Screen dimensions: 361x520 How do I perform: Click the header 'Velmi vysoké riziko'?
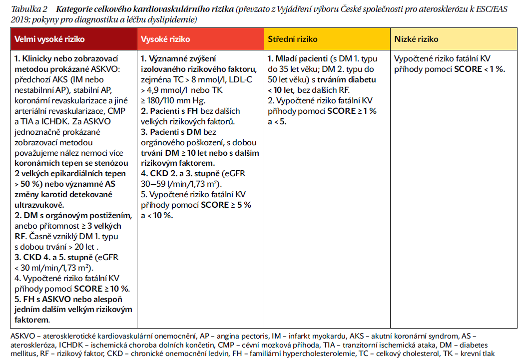pyautogui.click(x=49, y=39)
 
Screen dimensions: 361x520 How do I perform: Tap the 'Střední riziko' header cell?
pyautogui.click(x=293, y=39)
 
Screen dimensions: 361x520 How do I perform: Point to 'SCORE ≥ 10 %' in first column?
pyautogui.click(x=102, y=289)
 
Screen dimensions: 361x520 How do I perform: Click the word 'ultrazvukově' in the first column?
pyautogui.click(x=38, y=205)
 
